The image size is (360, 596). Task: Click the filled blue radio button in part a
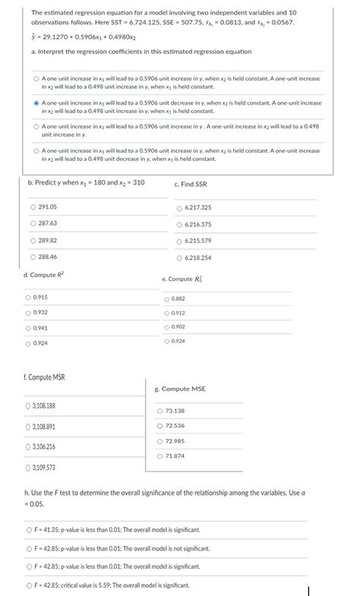(x=36, y=102)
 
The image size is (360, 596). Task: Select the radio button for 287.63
(x=32, y=223)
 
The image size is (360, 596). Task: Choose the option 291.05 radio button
(x=32, y=207)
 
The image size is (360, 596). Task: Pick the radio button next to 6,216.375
(x=179, y=224)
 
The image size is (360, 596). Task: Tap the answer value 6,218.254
(x=197, y=257)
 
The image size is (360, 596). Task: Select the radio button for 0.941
(x=28, y=327)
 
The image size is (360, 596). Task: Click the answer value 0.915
(x=41, y=297)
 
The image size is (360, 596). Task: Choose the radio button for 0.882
(x=166, y=298)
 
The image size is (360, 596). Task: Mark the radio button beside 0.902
(x=166, y=326)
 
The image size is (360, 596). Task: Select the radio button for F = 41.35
(x=28, y=529)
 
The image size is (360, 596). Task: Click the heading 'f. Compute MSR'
(x=45, y=377)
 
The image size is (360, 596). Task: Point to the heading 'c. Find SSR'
(x=190, y=184)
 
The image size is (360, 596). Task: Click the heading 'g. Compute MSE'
(x=179, y=389)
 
